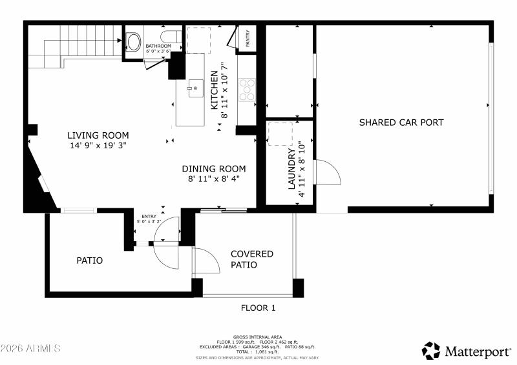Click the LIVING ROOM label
pyautogui.click(x=98, y=135)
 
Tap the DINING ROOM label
pyautogui.click(x=213, y=168)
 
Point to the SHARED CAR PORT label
pyautogui.click(x=401, y=123)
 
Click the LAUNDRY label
pyautogui.click(x=291, y=169)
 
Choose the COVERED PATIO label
pyautogui.click(x=252, y=259)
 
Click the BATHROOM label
pyautogui.click(x=158, y=46)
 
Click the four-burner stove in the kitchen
pyautogui.click(x=247, y=90)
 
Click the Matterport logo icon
pyautogui.click(x=431, y=351)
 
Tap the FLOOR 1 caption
pyautogui.click(x=258, y=308)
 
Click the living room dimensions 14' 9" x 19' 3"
pyautogui.click(x=98, y=146)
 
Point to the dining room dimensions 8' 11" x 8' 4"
pyautogui.click(x=213, y=179)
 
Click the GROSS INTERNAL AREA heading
pyautogui.click(x=258, y=337)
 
